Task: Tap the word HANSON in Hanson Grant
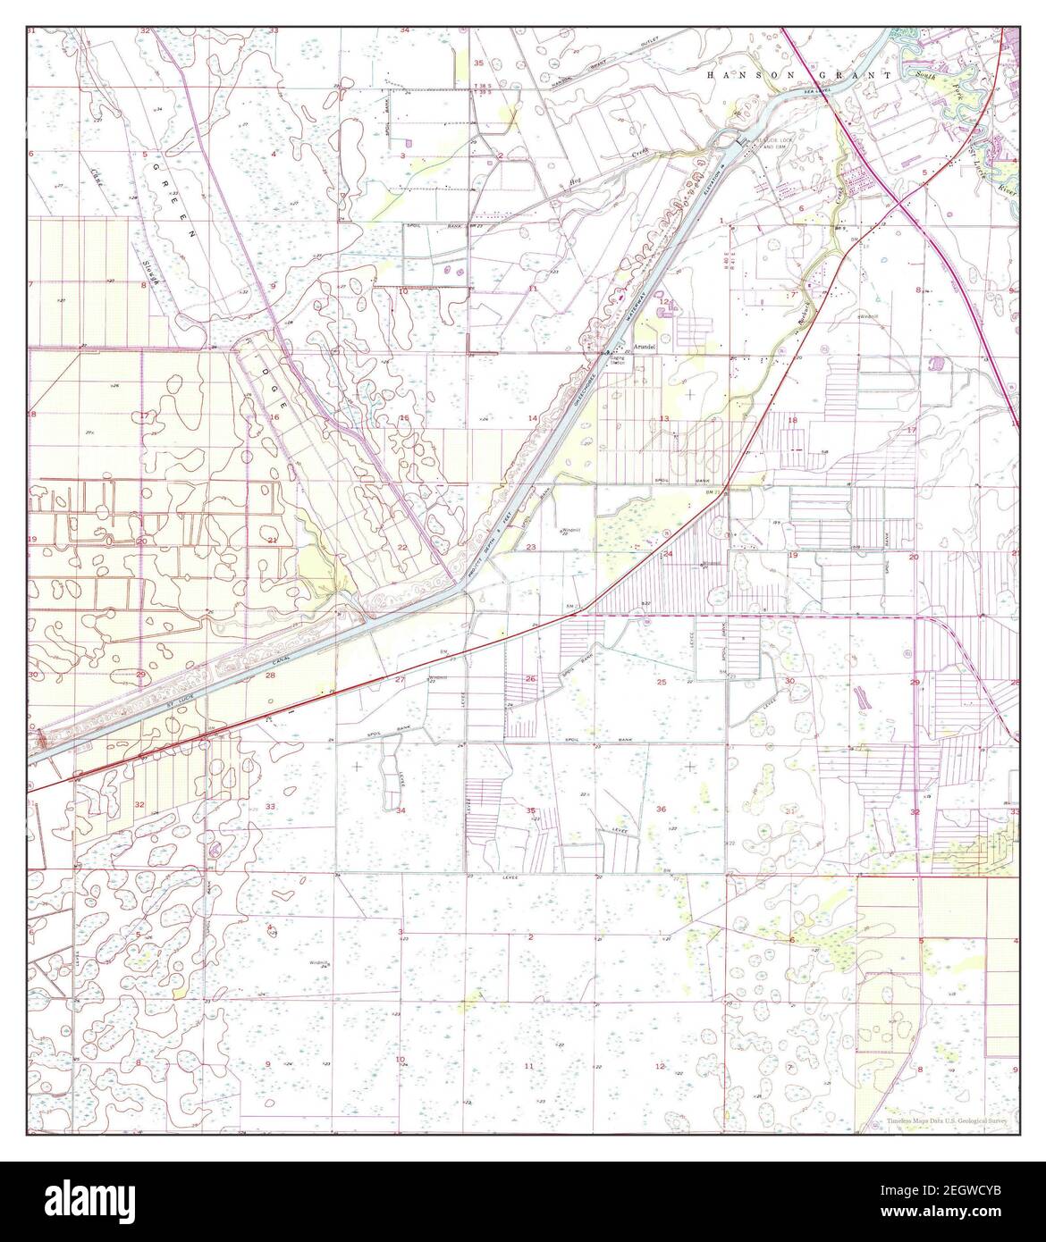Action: [x=735, y=76]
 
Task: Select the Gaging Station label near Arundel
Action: [x=618, y=359]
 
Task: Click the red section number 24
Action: [x=668, y=554]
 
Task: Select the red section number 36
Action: [x=661, y=810]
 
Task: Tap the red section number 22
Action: [x=402, y=548]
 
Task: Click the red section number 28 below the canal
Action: [x=270, y=676]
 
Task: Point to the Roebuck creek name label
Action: [x=801, y=308]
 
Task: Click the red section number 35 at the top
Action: [x=478, y=63]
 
